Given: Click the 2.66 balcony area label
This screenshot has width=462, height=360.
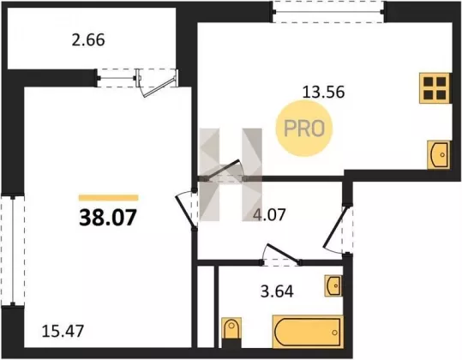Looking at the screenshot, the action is [88, 40].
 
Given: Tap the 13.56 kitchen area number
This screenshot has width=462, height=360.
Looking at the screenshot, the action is [323, 93].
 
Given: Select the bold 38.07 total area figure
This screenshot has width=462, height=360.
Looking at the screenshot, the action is [108, 218].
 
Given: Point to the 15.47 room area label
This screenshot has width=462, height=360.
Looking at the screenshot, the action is [63, 331].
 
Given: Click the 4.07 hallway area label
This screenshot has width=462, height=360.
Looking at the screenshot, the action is [269, 214].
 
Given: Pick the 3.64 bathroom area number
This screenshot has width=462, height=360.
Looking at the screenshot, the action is [277, 291].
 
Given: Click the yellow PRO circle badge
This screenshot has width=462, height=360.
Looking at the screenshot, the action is [304, 129].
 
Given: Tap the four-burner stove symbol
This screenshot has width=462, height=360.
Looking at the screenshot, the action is [435, 88].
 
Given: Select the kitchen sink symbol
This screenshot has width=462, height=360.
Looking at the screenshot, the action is [439, 154].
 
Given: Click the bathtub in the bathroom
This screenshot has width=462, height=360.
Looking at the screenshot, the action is [308, 332].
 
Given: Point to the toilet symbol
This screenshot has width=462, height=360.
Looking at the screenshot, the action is [231, 332].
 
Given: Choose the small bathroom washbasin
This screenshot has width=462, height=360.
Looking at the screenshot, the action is [333, 285].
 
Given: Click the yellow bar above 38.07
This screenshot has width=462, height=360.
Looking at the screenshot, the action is [108, 198].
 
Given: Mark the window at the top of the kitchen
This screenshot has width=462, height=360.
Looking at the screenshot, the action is [328, 12].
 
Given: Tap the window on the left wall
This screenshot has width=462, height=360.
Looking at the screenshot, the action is [13, 250].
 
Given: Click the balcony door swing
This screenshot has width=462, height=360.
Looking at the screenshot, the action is [158, 83].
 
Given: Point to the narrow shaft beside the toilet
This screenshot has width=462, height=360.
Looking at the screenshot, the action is [206, 307].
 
